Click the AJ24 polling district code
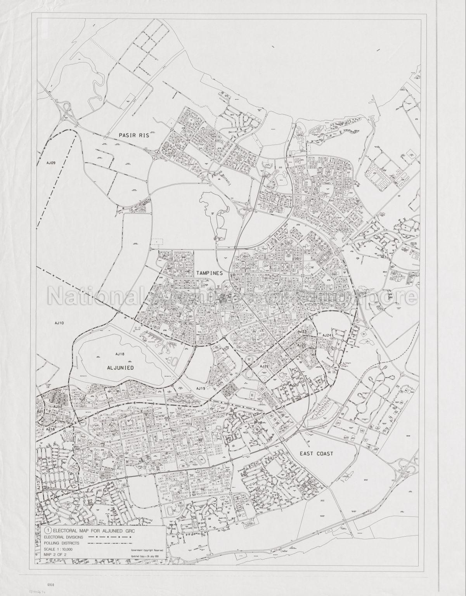click(x=326, y=335)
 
